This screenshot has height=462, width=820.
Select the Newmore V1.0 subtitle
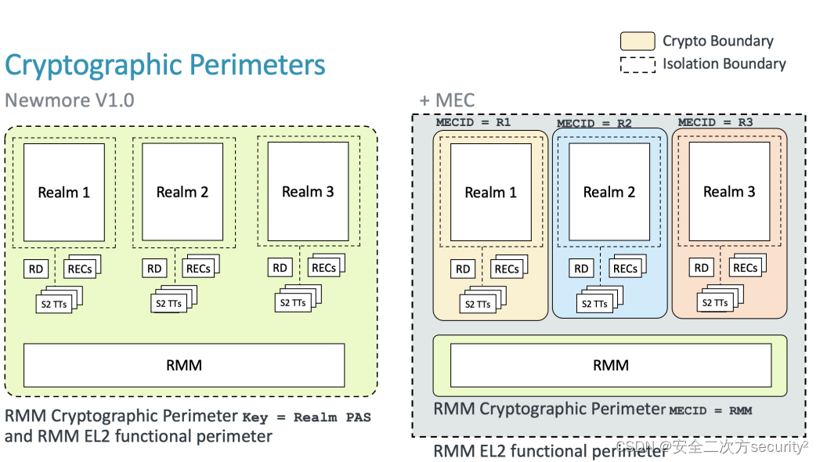point(70,101)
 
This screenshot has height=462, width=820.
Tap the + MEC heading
point(446,101)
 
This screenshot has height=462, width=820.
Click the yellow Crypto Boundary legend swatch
point(638,42)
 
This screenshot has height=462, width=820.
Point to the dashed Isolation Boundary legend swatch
point(638,64)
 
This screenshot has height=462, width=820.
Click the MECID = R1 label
point(473,122)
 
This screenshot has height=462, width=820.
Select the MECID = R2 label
point(594,124)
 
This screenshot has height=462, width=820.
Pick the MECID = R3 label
point(715,122)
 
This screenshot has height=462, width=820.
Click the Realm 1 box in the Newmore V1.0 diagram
point(64,192)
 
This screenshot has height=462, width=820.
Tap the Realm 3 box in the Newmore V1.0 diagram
point(308,192)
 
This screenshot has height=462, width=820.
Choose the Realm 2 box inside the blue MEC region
point(609,192)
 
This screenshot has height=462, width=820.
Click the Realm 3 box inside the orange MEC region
point(729,192)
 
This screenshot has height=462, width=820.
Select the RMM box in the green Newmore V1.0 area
point(184,365)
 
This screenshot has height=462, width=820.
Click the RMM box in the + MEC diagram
point(610,365)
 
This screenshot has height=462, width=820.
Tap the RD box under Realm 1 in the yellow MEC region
point(463,269)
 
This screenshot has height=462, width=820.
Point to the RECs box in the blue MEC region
point(624,269)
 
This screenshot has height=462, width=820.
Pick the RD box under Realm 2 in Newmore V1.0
point(154,269)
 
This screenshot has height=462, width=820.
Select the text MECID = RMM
point(710,410)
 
